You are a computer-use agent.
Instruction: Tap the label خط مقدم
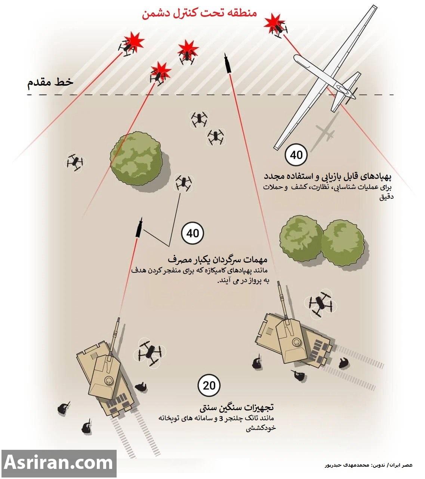point(50,82)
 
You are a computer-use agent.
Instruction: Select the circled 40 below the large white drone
point(296,155)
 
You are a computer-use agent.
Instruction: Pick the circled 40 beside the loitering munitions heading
point(193,234)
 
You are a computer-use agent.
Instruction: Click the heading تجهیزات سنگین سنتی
point(237,408)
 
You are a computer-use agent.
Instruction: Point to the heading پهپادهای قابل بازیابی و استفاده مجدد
point(328,176)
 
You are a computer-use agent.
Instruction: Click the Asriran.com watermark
point(59,463)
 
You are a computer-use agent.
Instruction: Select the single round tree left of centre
point(136,158)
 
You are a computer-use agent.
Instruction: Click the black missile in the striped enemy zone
point(227,63)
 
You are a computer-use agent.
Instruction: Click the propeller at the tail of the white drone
point(351,95)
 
